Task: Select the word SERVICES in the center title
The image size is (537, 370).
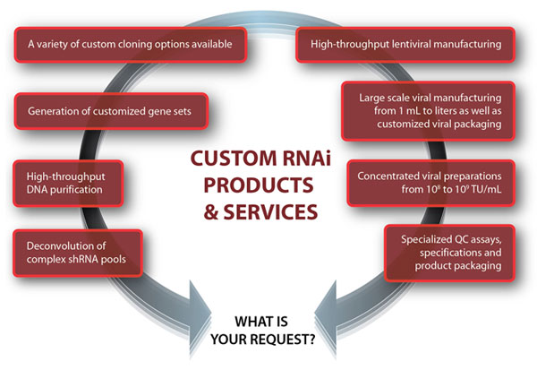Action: (x=277, y=213)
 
